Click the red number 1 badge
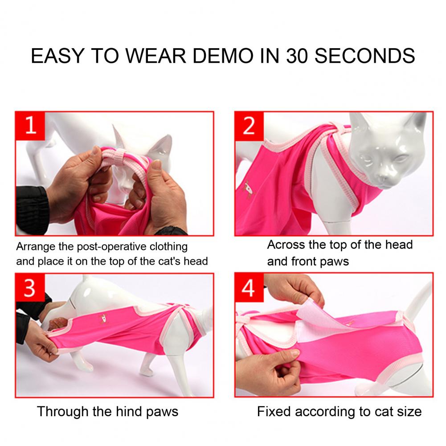(x=30, y=126)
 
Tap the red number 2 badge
(x=249, y=126)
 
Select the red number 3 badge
(x=30, y=287)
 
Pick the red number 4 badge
(x=249, y=287)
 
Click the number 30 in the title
(x=297, y=56)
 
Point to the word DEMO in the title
(x=223, y=56)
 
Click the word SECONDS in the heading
(x=364, y=56)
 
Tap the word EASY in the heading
(x=57, y=56)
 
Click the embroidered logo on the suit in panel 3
(x=102, y=319)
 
